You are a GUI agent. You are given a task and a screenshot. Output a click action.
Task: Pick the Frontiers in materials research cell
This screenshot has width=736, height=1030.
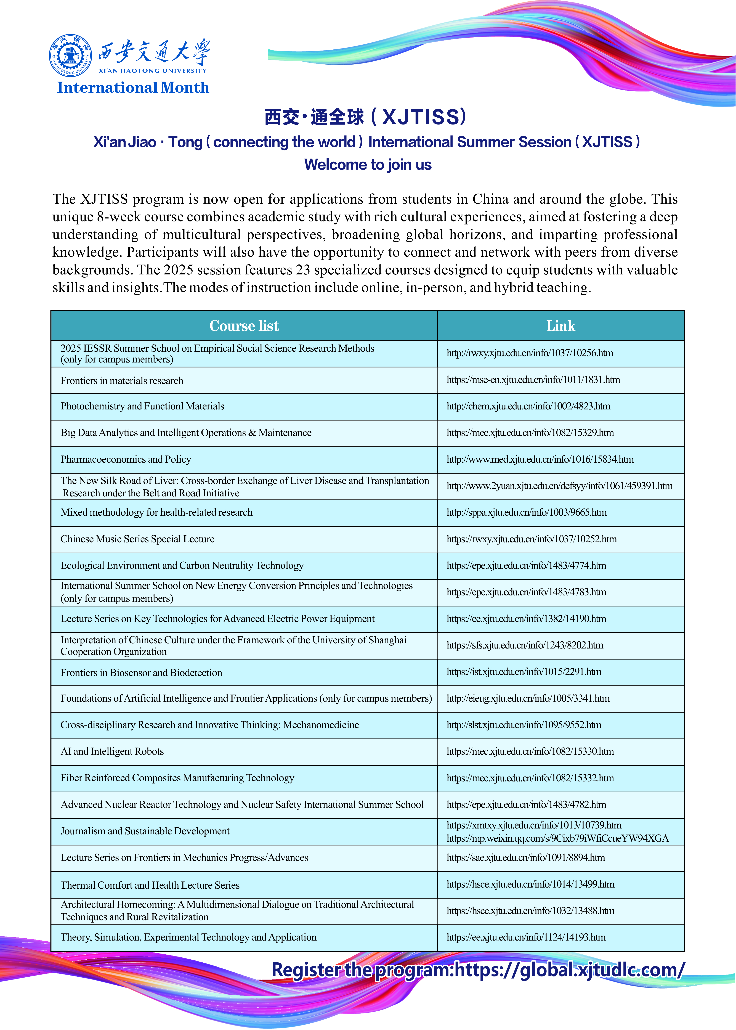pyautogui.click(x=122, y=380)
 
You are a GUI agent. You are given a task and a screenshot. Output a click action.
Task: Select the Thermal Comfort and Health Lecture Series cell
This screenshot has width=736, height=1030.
pyautogui.click(x=150, y=885)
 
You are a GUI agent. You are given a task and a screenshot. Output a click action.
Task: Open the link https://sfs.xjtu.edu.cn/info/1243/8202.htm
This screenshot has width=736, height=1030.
pyautogui.click(x=525, y=645)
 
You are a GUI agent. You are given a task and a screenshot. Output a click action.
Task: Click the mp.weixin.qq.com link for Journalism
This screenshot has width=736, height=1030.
pyautogui.click(x=557, y=838)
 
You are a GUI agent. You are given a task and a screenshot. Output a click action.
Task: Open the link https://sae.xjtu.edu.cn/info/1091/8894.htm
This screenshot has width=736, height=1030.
pyautogui.click(x=526, y=857)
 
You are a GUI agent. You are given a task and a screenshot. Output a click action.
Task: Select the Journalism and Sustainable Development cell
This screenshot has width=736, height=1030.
pyautogui.click(x=145, y=831)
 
